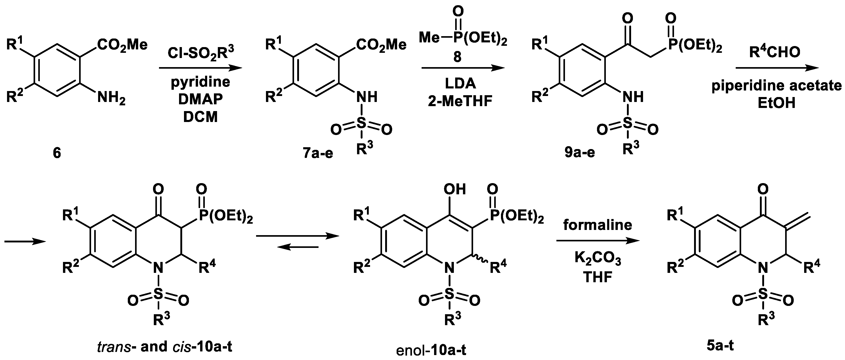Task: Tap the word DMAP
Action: (200, 99)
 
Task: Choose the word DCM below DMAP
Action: (200, 117)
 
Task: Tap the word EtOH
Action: (777, 103)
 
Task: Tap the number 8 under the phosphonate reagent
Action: (457, 58)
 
